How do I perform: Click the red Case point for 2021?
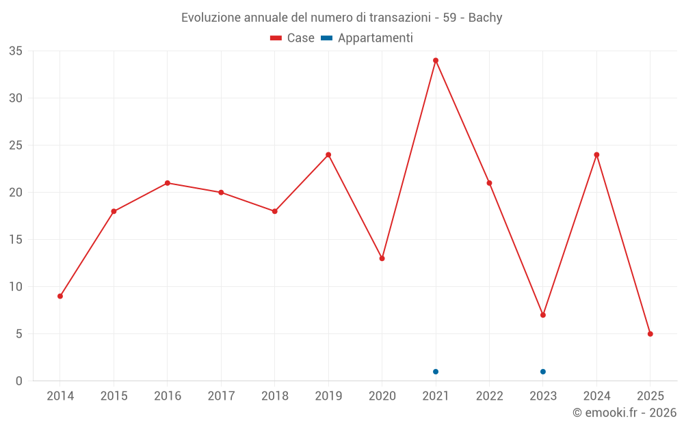(x=435, y=60)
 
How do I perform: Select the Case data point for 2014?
(x=60, y=296)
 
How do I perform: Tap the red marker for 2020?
(x=382, y=258)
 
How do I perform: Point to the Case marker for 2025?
(x=650, y=334)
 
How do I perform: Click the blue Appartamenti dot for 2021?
(x=435, y=372)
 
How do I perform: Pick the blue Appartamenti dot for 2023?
(x=542, y=372)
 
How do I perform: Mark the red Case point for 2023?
(x=542, y=315)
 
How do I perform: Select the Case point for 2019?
(x=328, y=154)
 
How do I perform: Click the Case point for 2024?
(x=596, y=154)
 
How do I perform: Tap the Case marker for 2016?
(x=167, y=183)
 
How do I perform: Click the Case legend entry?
(x=293, y=38)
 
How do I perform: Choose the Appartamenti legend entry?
(x=367, y=38)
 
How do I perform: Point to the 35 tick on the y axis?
(x=15, y=51)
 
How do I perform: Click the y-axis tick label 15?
(x=15, y=240)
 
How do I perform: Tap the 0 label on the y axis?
(x=19, y=381)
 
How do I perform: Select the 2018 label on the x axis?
(x=274, y=396)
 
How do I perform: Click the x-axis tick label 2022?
(x=489, y=396)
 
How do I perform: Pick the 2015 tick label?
(x=114, y=396)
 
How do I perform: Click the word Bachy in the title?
(x=485, y=18)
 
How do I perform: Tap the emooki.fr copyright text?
(x=624, y=413)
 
